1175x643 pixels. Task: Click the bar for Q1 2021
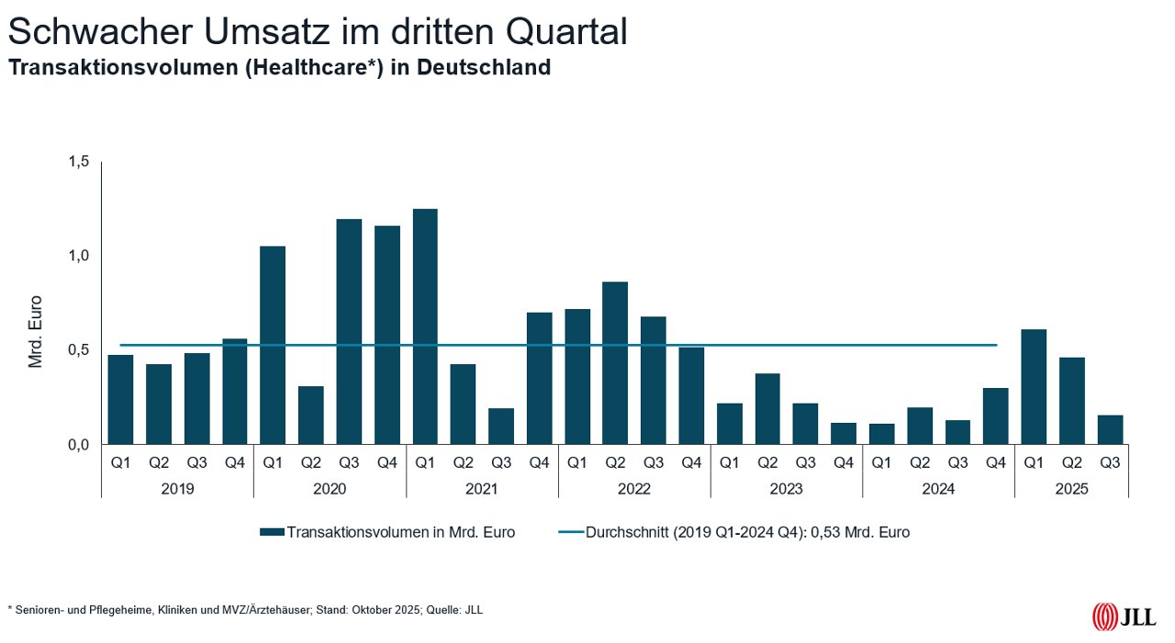coord(425,327)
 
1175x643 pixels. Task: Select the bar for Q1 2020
coord(273,345)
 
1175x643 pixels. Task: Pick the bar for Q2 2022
coord(615,362)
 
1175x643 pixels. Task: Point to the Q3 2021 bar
coord(501,426)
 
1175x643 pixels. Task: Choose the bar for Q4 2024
coord(995,416)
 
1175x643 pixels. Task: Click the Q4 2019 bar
coord(234,391)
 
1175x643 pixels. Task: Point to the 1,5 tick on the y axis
coord(79,162)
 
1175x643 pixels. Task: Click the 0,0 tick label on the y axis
coord(79,445)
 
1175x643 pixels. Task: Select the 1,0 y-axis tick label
coord(79,256)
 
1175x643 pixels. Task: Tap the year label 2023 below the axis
coord(786,489)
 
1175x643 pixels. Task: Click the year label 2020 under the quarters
coord(330,489)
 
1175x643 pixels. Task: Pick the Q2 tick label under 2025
coord(1071,463)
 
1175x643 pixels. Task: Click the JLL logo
coord(1123,617)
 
